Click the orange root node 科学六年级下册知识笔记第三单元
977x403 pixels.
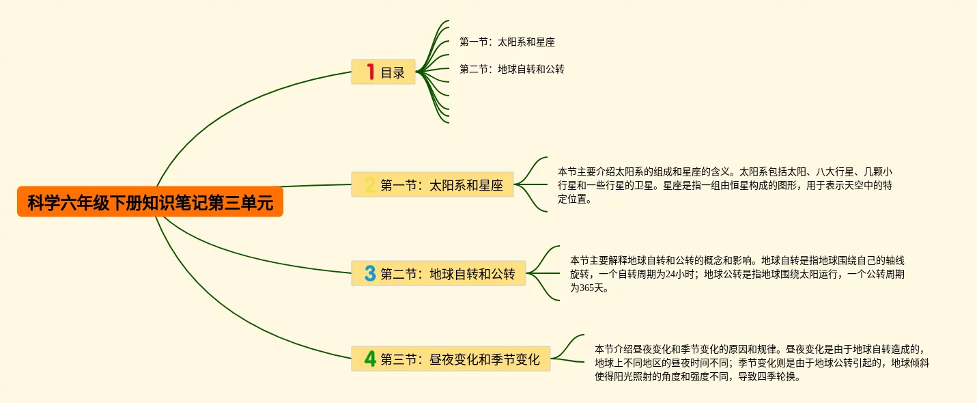tap(150, 202)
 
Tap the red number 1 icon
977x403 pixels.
tap(371, 72)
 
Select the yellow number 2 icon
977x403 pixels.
tap(369, 185)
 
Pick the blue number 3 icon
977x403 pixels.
tap(370, 274)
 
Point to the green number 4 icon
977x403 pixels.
tap(370, 359)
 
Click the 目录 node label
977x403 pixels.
tap(393, 72)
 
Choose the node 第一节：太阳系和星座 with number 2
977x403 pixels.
tap(441, 185)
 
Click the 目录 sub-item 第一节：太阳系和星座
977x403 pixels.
tap(507, 42)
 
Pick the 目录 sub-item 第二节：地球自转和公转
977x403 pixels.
tap(512, 69)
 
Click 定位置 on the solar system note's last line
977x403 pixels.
tap(572, 200)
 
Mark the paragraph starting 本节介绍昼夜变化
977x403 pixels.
tap(761, 363)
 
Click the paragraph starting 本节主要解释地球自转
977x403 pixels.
tap(737, 274)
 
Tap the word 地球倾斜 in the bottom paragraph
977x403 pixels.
tap(909, 363)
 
